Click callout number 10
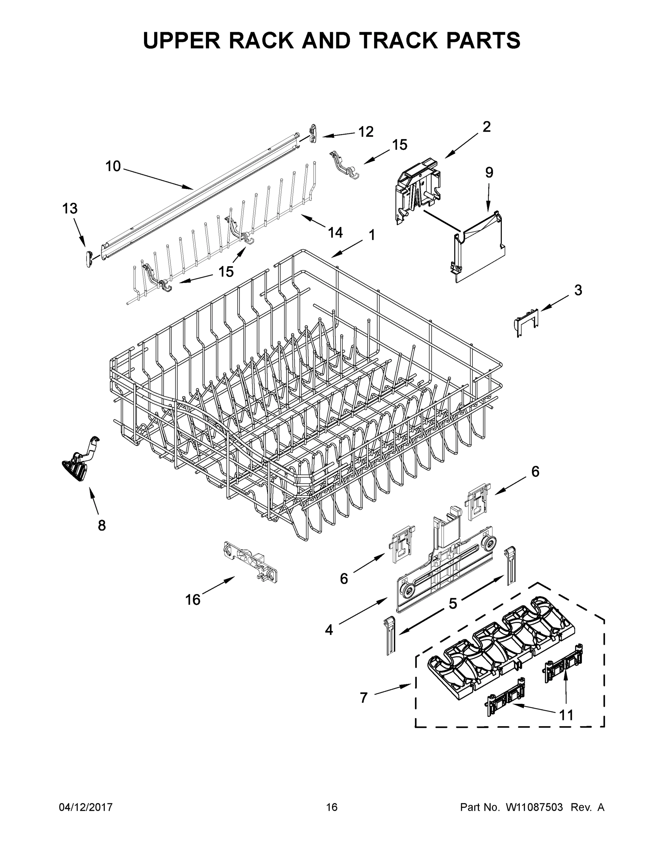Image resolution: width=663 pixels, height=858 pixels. [113, 166]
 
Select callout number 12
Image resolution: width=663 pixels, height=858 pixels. [365, 132]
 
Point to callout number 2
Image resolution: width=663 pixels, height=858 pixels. [486, 127]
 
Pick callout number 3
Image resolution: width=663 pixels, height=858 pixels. [578, 290]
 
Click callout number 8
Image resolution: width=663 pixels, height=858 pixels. [102, 525]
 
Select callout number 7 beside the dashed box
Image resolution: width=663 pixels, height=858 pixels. [364, 697]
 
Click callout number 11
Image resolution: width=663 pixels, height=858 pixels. [566, 715]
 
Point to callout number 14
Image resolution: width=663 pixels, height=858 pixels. [335, 233]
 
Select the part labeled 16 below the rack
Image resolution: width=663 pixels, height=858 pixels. [250, 563]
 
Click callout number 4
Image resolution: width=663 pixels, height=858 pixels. [329, 630]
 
